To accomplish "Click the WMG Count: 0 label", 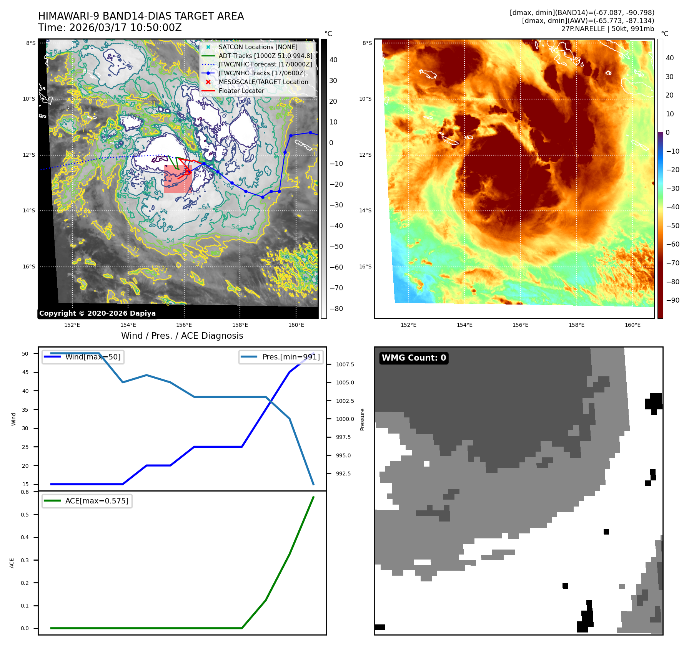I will coord(414,358).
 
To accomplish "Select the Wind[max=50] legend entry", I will coord(93,357).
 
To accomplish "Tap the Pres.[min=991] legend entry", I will coord(291,357).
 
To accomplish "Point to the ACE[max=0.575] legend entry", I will coord(97,501).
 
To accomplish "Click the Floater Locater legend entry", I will coord(241,91).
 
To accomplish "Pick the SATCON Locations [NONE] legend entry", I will coord(258,47).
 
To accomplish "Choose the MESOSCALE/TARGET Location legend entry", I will coord(263,82).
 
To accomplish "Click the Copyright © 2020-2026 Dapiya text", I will coord(97,313).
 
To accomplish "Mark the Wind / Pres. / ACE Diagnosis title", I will coord(182,336).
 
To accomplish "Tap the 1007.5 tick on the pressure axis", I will coord(345,364).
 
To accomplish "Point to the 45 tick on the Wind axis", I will coord(25,372).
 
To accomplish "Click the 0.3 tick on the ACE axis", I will coord(25,560).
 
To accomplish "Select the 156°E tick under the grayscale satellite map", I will coord(184,325).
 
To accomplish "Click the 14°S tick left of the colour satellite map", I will coord(365,211).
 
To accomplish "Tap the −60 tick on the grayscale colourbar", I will coord(336,267).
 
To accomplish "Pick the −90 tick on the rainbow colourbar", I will coord(672,300).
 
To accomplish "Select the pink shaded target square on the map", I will coord(178,179).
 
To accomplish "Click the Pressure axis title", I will coord(362,419).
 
